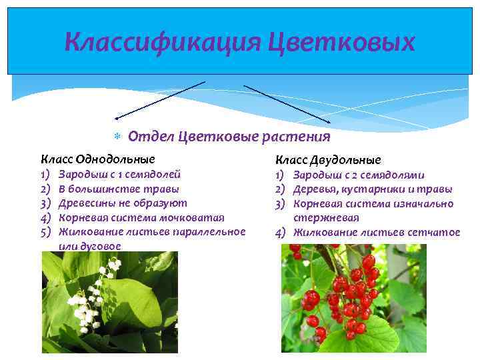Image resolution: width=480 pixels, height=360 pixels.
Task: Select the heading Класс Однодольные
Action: [98, 159]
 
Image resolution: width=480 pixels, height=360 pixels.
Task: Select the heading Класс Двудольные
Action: [329, 160]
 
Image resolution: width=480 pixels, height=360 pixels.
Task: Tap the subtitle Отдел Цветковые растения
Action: [229, 137]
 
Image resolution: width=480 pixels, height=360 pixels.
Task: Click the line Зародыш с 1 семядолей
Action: [119, 175]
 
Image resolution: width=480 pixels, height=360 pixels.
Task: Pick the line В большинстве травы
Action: [119, 189]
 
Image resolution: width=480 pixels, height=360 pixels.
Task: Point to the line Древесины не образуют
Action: [123, 203]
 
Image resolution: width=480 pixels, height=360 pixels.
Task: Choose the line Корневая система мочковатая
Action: [141, 217]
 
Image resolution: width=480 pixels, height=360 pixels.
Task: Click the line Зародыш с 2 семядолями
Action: [359, 175]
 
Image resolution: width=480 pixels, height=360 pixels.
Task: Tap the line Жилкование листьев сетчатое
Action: [377, 232]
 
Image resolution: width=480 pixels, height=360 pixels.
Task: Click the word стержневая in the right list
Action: [326, 218]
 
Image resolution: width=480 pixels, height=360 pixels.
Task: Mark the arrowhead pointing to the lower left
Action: [117, 117]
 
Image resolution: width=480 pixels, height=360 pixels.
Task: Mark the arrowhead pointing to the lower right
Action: [327, 121]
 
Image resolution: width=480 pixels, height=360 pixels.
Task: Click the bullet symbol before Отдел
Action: [117, 137]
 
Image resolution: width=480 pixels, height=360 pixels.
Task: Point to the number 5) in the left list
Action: [46, 232]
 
